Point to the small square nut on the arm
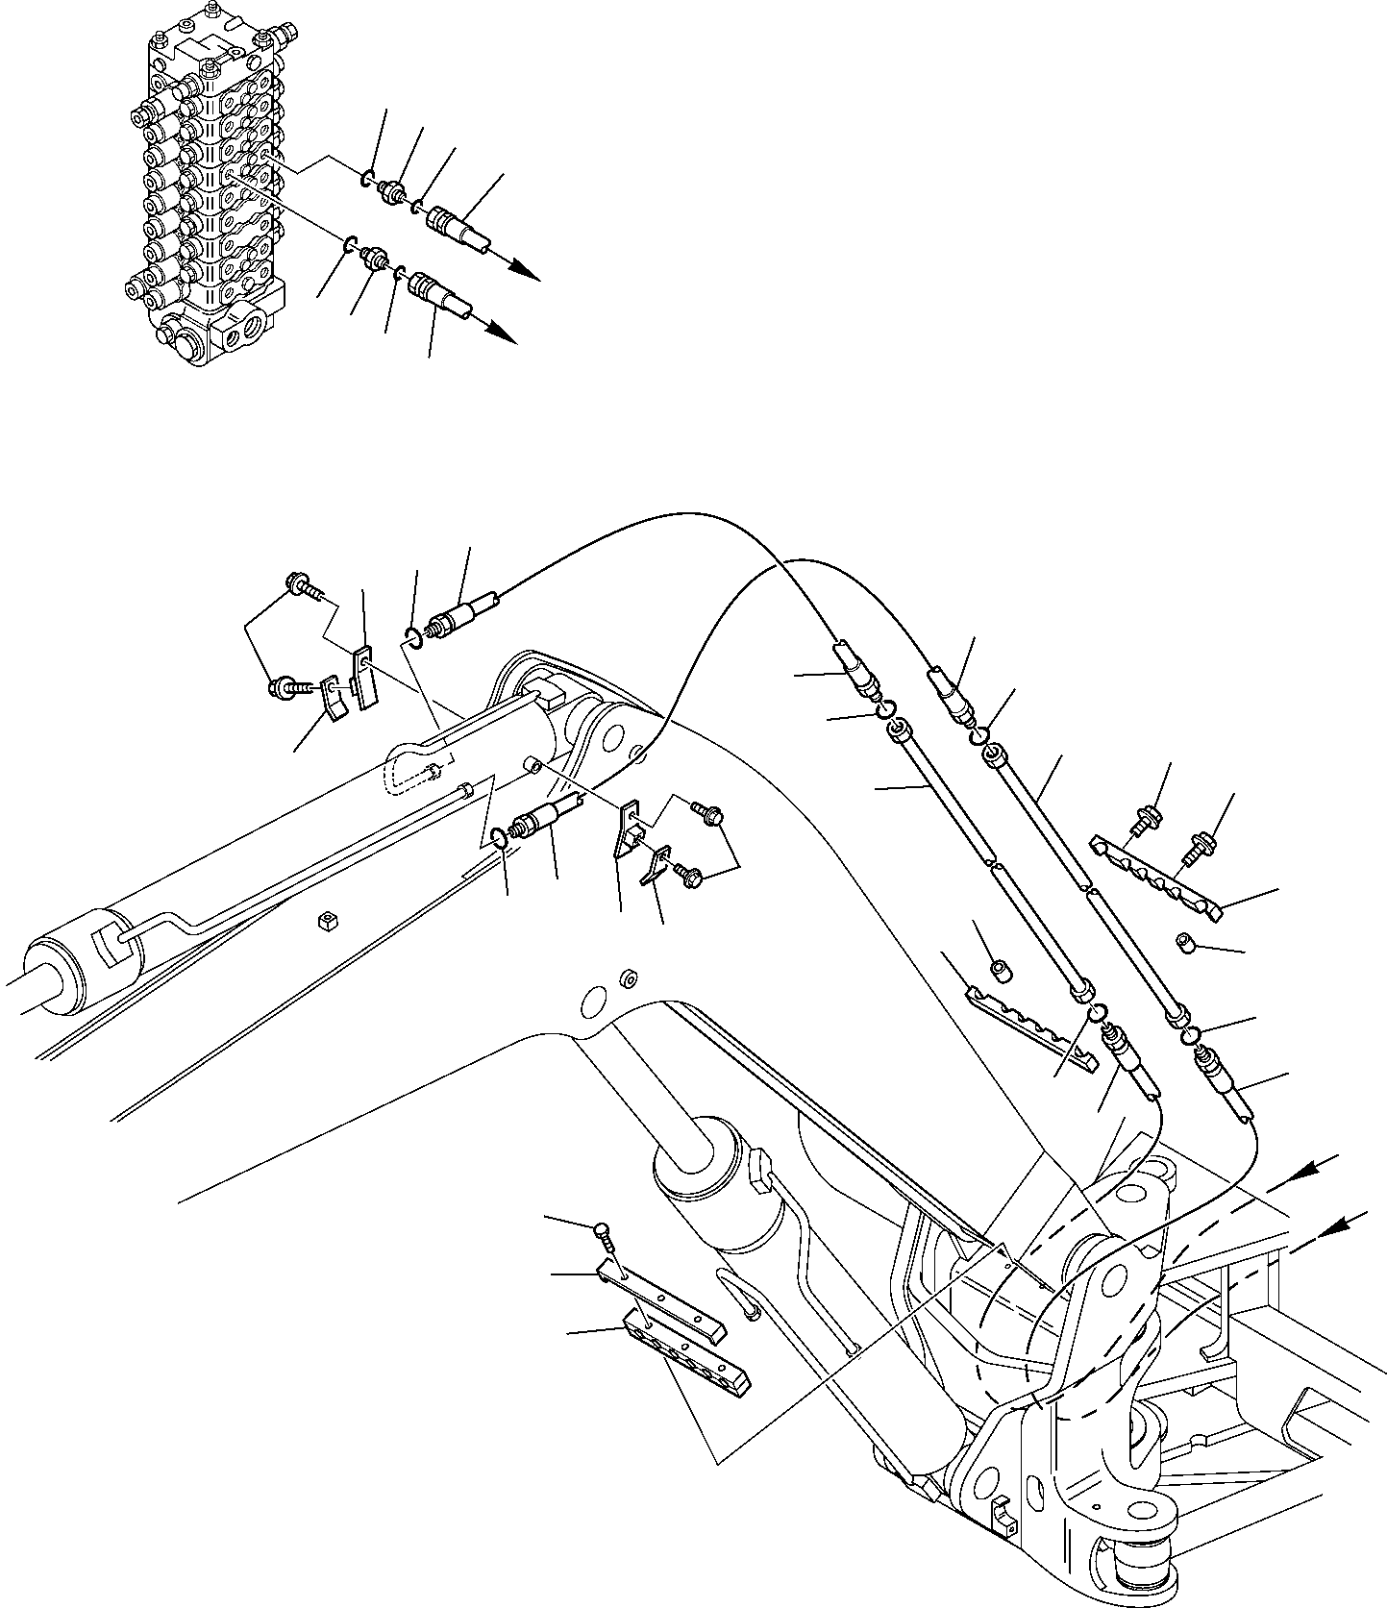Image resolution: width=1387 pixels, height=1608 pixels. (326, 925)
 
